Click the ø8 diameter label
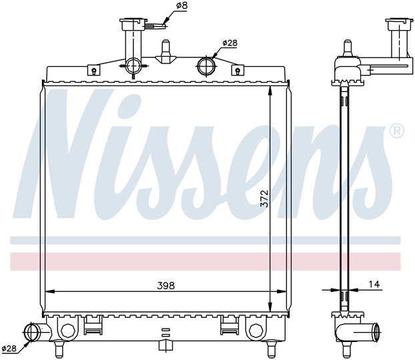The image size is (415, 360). point(181,5)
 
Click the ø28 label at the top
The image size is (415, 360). point(230,43)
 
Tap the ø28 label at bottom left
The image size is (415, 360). point(9,349)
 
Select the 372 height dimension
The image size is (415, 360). point(264,198)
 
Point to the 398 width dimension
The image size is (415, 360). point(166,286)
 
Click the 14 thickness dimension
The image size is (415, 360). point(374,285)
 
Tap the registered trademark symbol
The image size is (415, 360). point(397,131)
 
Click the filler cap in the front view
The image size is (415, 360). point(133,24)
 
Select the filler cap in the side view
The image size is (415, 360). point(399,24)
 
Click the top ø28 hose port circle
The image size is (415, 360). point(205,65)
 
